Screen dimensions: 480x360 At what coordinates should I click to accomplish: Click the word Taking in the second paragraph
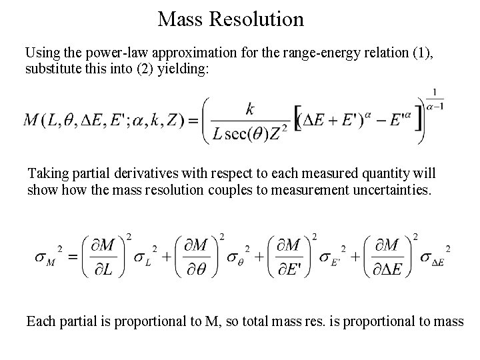pos(47,174)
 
